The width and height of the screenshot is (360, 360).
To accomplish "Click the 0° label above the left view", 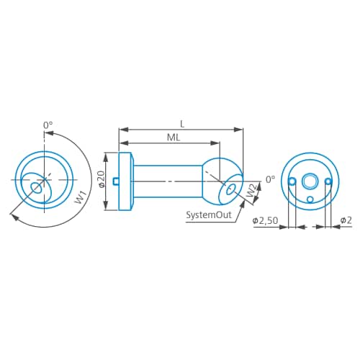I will click(x=48, y=125).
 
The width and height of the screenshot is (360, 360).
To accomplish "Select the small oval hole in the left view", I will click(x=37, y=188).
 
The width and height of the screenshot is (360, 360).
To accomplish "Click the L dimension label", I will click(x=181, y=124).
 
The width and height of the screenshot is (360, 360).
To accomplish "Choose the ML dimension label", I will click(x=173, y=137).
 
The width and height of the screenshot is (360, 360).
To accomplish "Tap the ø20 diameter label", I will click(x=102, y=179).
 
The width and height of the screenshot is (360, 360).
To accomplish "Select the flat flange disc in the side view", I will click(x=125, y=181).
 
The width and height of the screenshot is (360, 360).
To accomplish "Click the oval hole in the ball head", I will click(x=231, y=191).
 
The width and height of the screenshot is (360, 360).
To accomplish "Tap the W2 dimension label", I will click(x=250, y=192).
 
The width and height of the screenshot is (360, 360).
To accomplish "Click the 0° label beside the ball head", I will click(x=271, y=179).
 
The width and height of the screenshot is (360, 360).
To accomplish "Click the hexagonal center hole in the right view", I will click(x=310, y=181).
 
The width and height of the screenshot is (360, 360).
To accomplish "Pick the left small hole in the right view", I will click(x=292, y=181).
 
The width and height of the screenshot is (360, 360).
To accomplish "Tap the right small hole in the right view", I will click(x=328, y=181).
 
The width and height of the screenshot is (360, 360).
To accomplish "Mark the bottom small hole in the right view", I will click(x=310, y=199).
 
